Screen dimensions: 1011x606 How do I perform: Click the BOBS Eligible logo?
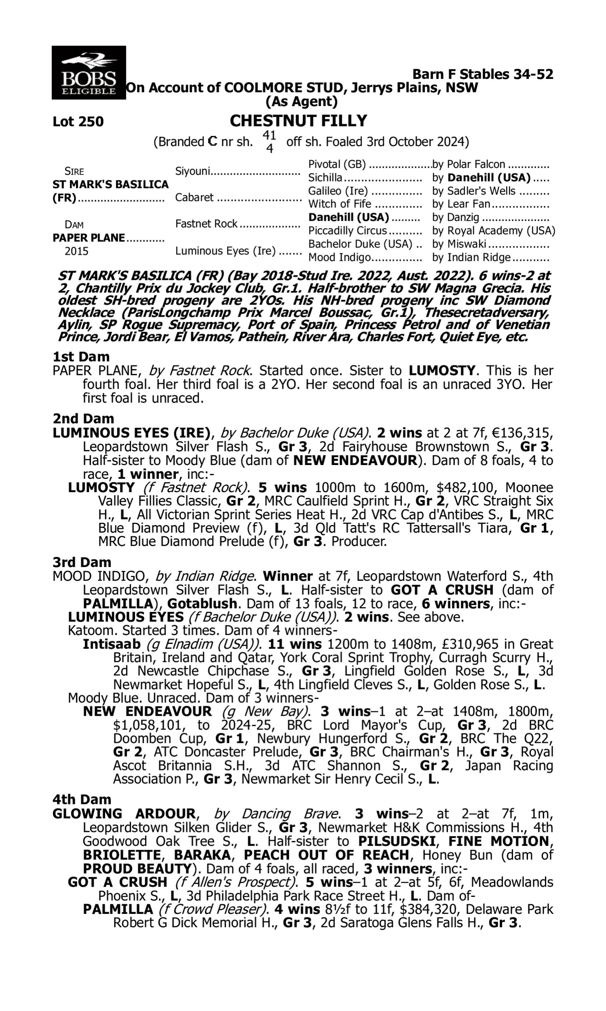(88, 72)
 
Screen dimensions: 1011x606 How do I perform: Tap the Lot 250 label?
(78, 122)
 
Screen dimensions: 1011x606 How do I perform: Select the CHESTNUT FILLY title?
(299, 121)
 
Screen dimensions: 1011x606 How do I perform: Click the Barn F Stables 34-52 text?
(483, 74)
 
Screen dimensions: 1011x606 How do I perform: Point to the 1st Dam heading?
(81, 357)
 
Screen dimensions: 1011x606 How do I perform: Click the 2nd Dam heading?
(83, 419)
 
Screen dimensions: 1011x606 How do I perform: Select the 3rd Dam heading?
(82, 562)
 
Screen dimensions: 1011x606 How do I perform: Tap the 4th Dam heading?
(82, 799)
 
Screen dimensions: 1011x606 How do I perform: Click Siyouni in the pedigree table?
(192, 171)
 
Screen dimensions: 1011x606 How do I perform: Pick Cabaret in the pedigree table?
(194, 197)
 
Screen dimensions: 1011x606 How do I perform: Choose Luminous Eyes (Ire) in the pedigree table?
(225, 250)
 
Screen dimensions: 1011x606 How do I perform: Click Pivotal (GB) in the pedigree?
(337, 164)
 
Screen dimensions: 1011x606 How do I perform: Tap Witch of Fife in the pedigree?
(340, 204)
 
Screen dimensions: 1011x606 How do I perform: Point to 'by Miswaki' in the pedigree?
(459, 244)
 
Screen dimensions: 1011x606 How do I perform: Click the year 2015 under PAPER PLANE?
(76, 251)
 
